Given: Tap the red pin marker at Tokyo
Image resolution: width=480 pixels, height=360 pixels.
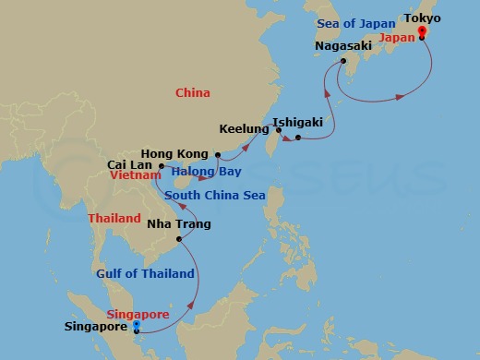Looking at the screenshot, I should click(x=422, y=32).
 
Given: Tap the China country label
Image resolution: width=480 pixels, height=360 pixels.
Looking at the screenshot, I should click(x=193, y=92).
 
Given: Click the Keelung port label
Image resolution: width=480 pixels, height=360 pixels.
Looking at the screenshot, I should click(x=244, y=129).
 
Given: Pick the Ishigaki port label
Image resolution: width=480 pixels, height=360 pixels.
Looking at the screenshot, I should click(x=297, y=121).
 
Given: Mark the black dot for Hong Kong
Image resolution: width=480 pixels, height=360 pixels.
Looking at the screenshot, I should click(x=217, y=154).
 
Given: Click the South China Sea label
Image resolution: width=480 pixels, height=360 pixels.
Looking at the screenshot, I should click(x=214, y=196).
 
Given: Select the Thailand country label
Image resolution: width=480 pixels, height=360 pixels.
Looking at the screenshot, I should click(x=114, y=219).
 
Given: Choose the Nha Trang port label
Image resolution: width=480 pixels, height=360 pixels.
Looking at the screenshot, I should click(x=179, y=224).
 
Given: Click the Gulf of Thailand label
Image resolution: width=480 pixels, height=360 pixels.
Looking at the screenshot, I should click(x=146, y=273).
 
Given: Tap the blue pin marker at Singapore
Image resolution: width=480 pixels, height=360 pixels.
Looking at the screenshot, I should click(x=136, y=324).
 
